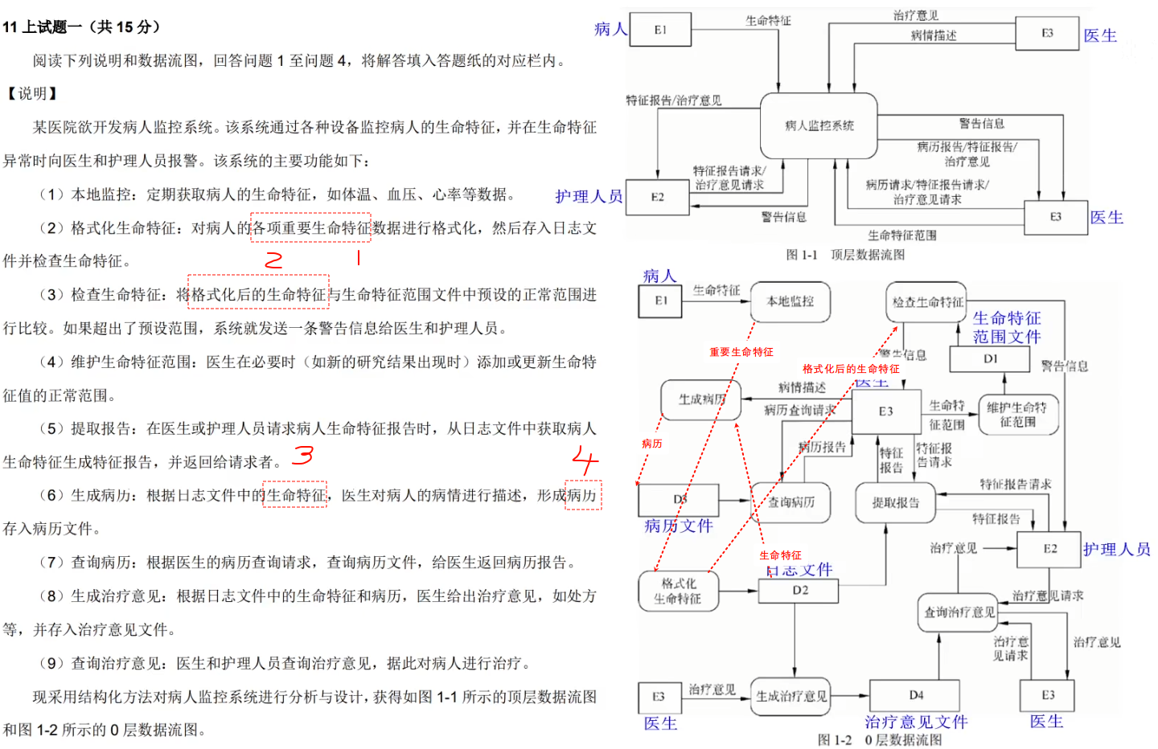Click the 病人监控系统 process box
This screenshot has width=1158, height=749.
(819, 125)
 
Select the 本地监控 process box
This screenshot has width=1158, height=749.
(790, 301)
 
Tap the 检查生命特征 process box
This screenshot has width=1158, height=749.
(926, 302)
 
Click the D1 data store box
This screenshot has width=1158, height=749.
(990, 359)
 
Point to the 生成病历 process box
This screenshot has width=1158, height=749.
(700, 399)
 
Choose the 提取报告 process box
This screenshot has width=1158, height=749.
(895, 503)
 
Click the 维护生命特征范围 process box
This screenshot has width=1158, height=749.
(1017, 414)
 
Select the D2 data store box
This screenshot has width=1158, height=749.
(799, 591)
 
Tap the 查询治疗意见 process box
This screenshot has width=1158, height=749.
(959, 612)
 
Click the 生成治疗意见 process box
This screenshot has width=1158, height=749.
(791, 697)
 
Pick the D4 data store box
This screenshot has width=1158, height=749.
(915, 695)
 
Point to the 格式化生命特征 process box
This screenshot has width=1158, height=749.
(678, 591)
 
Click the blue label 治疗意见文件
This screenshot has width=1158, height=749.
(916, 722)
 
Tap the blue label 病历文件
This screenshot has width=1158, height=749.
(679, 526)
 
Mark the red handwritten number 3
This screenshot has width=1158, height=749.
(302, 455)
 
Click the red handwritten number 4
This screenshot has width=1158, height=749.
(585, 460)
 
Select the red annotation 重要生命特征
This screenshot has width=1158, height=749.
(741, 352)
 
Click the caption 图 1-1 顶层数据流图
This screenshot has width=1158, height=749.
(845, 255)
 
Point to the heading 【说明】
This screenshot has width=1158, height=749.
(31, 94)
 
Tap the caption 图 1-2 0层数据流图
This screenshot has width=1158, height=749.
(880, 739)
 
